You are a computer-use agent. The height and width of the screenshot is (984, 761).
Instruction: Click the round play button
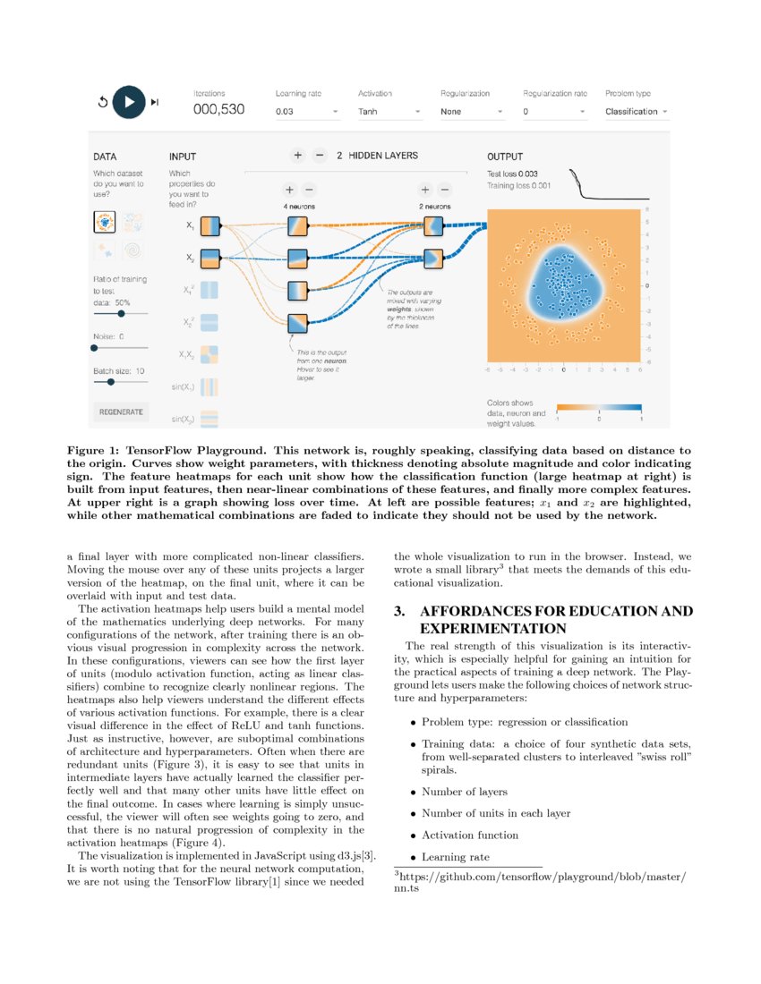(129, 102)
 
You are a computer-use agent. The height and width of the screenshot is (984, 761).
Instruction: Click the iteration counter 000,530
(219, 111)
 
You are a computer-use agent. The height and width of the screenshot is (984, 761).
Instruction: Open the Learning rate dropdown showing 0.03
(306, 113)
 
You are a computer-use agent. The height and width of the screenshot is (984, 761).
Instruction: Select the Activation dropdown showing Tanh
(389, 113)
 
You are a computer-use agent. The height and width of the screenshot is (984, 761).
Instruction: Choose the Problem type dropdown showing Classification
(637, 112)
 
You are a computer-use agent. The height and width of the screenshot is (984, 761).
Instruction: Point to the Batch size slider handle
(110, 381)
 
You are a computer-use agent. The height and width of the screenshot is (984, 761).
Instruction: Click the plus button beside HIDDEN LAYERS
(297, 156)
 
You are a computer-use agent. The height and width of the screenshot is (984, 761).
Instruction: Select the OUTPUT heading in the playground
(505, 157)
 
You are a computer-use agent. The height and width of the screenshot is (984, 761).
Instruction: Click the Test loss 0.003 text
(518, 174)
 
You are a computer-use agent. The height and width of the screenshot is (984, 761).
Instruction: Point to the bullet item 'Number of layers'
(465, 792)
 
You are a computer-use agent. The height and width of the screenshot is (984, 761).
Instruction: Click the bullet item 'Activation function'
(470, 835)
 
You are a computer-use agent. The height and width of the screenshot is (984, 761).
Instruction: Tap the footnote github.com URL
(542, 877)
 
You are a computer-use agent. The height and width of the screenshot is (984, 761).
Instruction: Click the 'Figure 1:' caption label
(95, 450)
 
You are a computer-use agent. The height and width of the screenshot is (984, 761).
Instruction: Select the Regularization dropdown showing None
(471, 113)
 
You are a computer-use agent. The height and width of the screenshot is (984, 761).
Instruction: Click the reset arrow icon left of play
(102, 102)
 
